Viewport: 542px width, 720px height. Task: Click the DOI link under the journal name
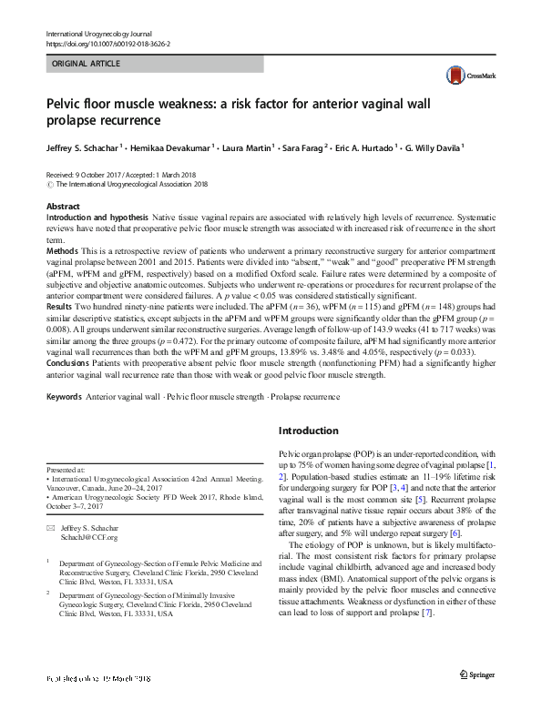(x=109, y=43)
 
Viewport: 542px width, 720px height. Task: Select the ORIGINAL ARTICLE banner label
(x=87, y=64)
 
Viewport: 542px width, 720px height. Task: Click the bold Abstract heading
(x=63, y=207)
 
